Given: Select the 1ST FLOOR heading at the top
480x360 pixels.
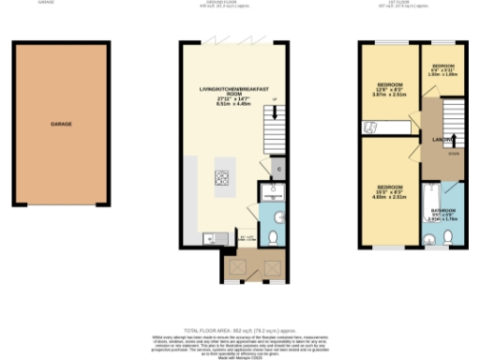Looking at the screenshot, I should point(412,4).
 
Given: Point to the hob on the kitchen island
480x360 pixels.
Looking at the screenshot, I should point(224,177).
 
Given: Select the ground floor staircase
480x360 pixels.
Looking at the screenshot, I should point(271,127).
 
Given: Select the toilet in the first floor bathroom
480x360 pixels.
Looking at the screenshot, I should point(449,237).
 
